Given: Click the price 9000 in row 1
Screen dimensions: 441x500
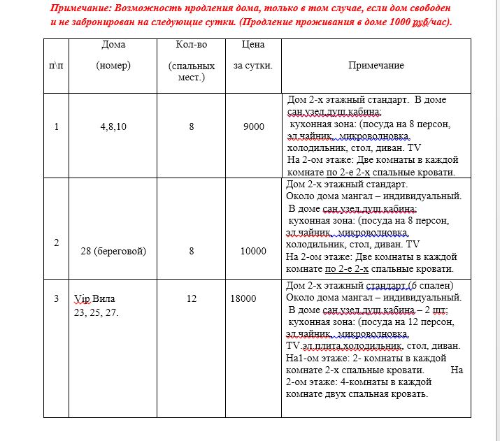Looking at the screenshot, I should tap(253, 126).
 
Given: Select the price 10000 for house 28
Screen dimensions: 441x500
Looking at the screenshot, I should tap(253, 251).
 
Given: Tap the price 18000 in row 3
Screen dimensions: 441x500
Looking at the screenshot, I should tap(243, 298).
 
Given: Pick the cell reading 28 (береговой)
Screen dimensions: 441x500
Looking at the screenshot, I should tap(113, 251).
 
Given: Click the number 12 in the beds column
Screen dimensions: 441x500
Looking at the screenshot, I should tap(191, 298).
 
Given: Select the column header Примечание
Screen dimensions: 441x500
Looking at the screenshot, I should tap(376, 65).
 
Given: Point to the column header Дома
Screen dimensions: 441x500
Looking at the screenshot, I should tap(113, 45).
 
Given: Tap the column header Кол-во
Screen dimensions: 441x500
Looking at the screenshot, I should tap(191, 45).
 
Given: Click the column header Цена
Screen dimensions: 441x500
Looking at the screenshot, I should tap(252, 45).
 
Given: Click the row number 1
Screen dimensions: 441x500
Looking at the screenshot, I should tap(57, 126).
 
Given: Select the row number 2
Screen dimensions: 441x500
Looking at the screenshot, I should tap(57, 242).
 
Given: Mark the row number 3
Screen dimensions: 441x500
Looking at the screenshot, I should tap(57, 298).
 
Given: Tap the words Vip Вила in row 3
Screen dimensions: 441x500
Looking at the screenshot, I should tap(94, 298).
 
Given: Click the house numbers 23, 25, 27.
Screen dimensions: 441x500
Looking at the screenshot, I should tap(97, 312).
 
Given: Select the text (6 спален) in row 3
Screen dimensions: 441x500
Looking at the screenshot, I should tap(432, 285).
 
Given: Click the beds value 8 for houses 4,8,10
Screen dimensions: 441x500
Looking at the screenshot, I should tap(191, 126).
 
